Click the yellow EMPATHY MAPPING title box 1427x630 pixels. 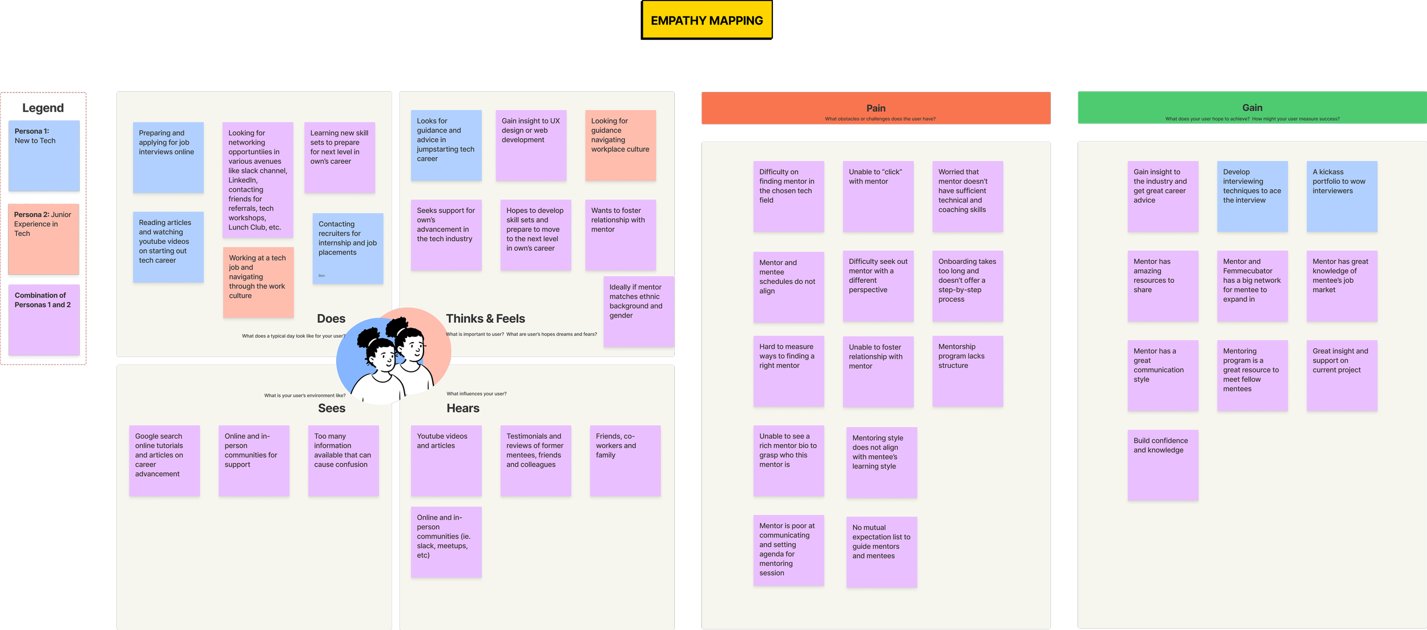(x=707, y=20)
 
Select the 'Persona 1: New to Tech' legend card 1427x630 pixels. (x=44, y=155)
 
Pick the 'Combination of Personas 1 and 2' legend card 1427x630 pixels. (x=44, y=320)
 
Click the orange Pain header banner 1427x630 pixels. (x=876, y=109)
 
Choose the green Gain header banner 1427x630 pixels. (x=1252, y=108)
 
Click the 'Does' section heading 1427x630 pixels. (x=331, y=319)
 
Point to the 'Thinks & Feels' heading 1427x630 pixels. (x=485, y=319)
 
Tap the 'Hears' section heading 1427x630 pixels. (x=463, y=408)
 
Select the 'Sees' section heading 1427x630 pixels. (x=332, y=408)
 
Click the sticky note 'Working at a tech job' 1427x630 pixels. (x=258, y=282)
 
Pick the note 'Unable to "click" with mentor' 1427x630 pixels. (x=878, y=196)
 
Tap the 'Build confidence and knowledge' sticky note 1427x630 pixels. (x=1163, y=465)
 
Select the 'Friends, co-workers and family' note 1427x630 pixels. (x=625, y=460)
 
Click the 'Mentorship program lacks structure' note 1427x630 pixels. (x=968, y=371)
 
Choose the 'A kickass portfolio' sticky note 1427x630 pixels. (x=1341, y=196)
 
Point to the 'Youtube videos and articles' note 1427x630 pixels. (x=446, y=460)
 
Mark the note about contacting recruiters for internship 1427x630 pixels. (x=348, y=248)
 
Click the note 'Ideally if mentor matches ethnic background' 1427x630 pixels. (x=639, y=311)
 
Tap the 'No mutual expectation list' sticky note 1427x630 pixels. (x=881, y=552)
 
